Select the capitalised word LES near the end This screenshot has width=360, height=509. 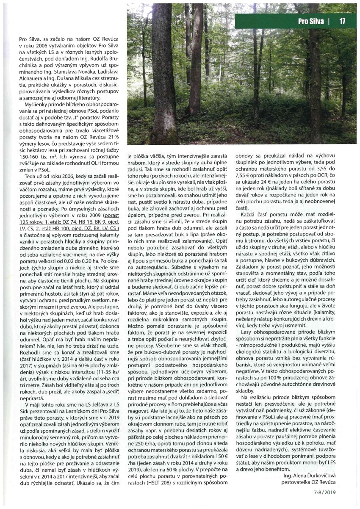[334, 462]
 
